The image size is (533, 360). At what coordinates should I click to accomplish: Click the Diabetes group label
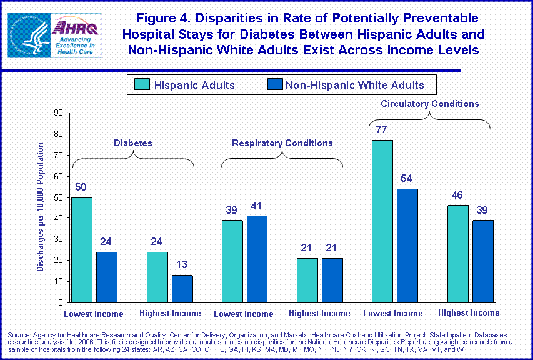coord(132,143)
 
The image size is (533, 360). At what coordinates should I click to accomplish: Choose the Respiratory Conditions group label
coord(282,143)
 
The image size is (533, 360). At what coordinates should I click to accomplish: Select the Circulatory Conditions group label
coord(430,104)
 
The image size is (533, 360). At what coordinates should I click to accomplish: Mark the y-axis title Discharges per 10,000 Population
coord(41,207)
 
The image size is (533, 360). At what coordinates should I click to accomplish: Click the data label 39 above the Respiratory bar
coord(232,209)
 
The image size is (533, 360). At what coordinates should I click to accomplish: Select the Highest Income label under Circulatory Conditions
coord(469,312)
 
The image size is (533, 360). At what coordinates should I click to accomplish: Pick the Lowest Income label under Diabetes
coord(94,314)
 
